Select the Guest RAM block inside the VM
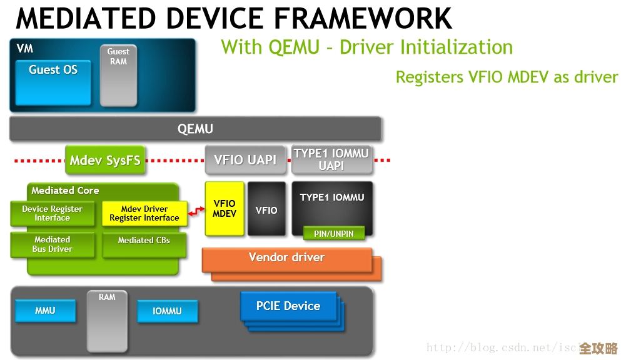[118, 74]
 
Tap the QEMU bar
[195, 129]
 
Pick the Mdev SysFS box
[105, 160]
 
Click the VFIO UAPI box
[245, 160]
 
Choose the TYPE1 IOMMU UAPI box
[331, 159]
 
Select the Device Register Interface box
[52, 214]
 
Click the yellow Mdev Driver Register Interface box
[144, 214]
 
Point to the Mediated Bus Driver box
[52, 244]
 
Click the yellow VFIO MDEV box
[225, 209]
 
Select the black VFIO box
[266, 209]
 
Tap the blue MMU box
[45, 311]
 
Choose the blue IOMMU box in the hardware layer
[167, 311]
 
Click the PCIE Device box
[288, 306]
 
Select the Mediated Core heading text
[65, 191]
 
